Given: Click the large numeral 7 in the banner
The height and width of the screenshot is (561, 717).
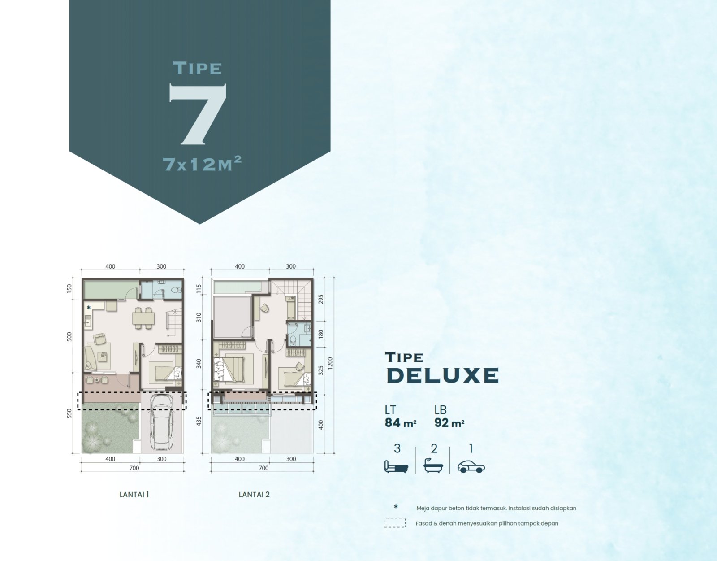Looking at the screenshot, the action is [x=198, y=114].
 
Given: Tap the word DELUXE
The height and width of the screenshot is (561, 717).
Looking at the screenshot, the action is [x=442, y=375].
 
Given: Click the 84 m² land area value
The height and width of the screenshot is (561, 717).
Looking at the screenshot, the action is [x=400, y=423].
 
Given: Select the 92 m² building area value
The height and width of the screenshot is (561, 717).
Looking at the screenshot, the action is [x=449, y=423].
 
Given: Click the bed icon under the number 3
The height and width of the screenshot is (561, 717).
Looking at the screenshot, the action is [x=396, y=466].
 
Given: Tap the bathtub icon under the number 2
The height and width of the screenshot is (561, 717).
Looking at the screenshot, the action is [x=433, y=465].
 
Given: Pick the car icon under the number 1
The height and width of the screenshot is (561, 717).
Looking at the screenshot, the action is [x=471, y=467].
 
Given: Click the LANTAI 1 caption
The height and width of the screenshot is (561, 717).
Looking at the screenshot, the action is [x=134, y=494].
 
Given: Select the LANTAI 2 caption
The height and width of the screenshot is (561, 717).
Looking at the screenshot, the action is [x=254, y=494].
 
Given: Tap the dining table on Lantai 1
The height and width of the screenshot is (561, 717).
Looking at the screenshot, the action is [x=143, y=318].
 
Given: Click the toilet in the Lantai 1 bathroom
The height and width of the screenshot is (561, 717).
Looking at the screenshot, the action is [x=177, y=290].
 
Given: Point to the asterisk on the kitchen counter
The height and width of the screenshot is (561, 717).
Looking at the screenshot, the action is [x=88, y=308].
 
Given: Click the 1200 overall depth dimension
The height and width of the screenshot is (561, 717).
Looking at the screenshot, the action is [x=330, y=364].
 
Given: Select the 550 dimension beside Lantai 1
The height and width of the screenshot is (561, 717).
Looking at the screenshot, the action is [x=69, y=413].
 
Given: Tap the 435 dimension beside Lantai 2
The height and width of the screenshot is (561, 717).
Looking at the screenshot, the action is [x=199, y=421].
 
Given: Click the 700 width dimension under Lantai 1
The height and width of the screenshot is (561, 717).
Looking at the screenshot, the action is [x=134, y=468].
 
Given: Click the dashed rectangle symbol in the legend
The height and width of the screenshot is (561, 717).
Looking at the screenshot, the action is [x=395, y=523].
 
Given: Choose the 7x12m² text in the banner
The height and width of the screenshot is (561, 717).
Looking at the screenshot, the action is [x=202, y=163].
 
